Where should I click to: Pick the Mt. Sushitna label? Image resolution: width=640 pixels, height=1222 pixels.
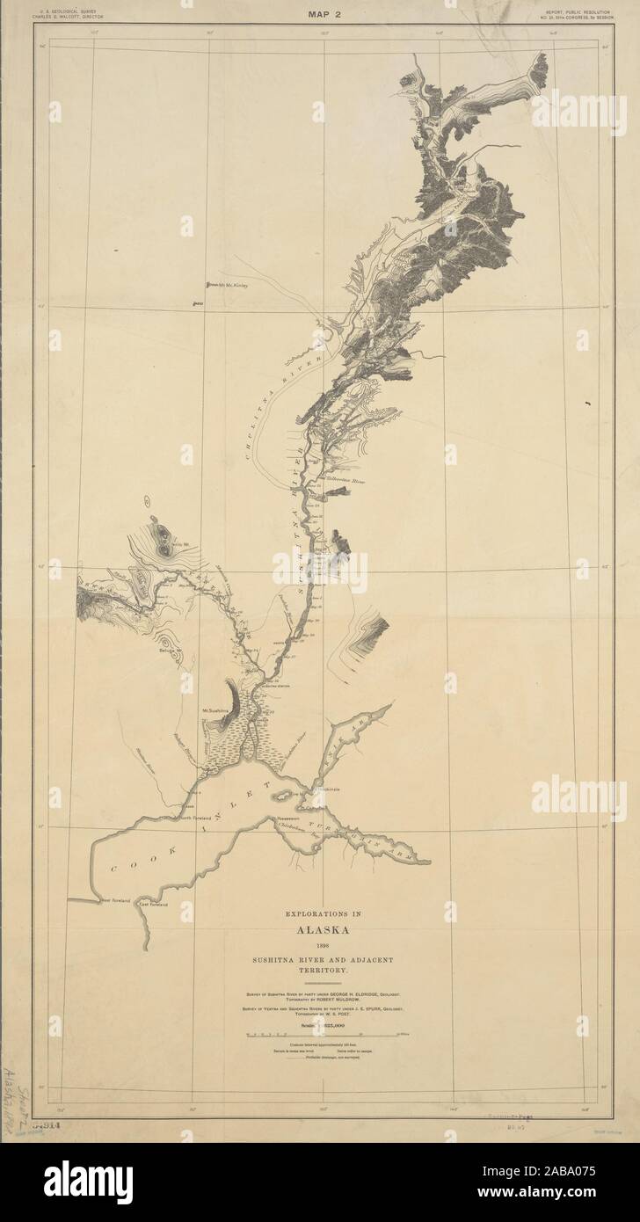tap(215, 709)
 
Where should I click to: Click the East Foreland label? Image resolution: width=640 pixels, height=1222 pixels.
tap(151, 903)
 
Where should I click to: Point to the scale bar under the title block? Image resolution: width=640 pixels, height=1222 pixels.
tap(320, 1035)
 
